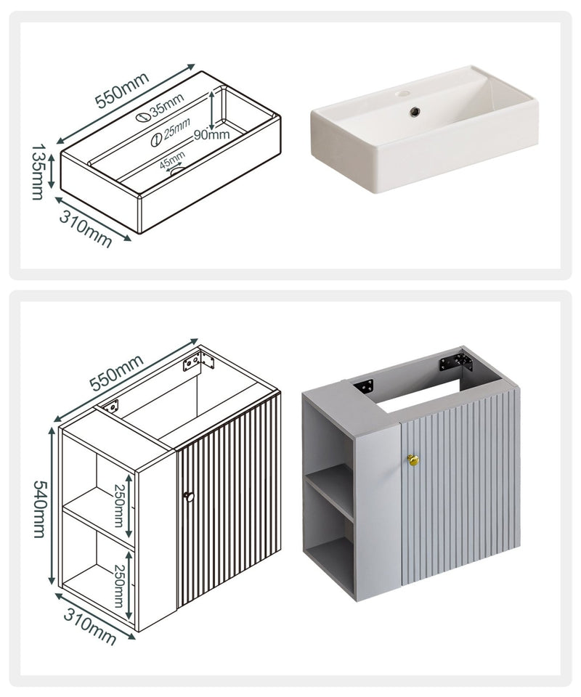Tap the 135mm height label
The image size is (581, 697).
coord(38,171)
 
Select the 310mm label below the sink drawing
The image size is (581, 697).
coord(86,229)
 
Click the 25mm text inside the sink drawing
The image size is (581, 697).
coord(176,129)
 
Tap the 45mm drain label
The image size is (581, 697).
coord(172,159)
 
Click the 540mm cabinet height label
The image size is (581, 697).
coord(39,509)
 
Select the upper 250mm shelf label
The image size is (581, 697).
coord(118,506)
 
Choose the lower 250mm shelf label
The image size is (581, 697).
coord(118,586)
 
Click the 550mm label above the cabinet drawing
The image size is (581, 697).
coord(116,372)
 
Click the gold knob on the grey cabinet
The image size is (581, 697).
coord(413,460)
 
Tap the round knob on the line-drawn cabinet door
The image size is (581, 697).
coord(190,497)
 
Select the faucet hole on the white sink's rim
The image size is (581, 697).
coord(404,94)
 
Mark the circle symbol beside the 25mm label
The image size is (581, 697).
coord(155,140)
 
